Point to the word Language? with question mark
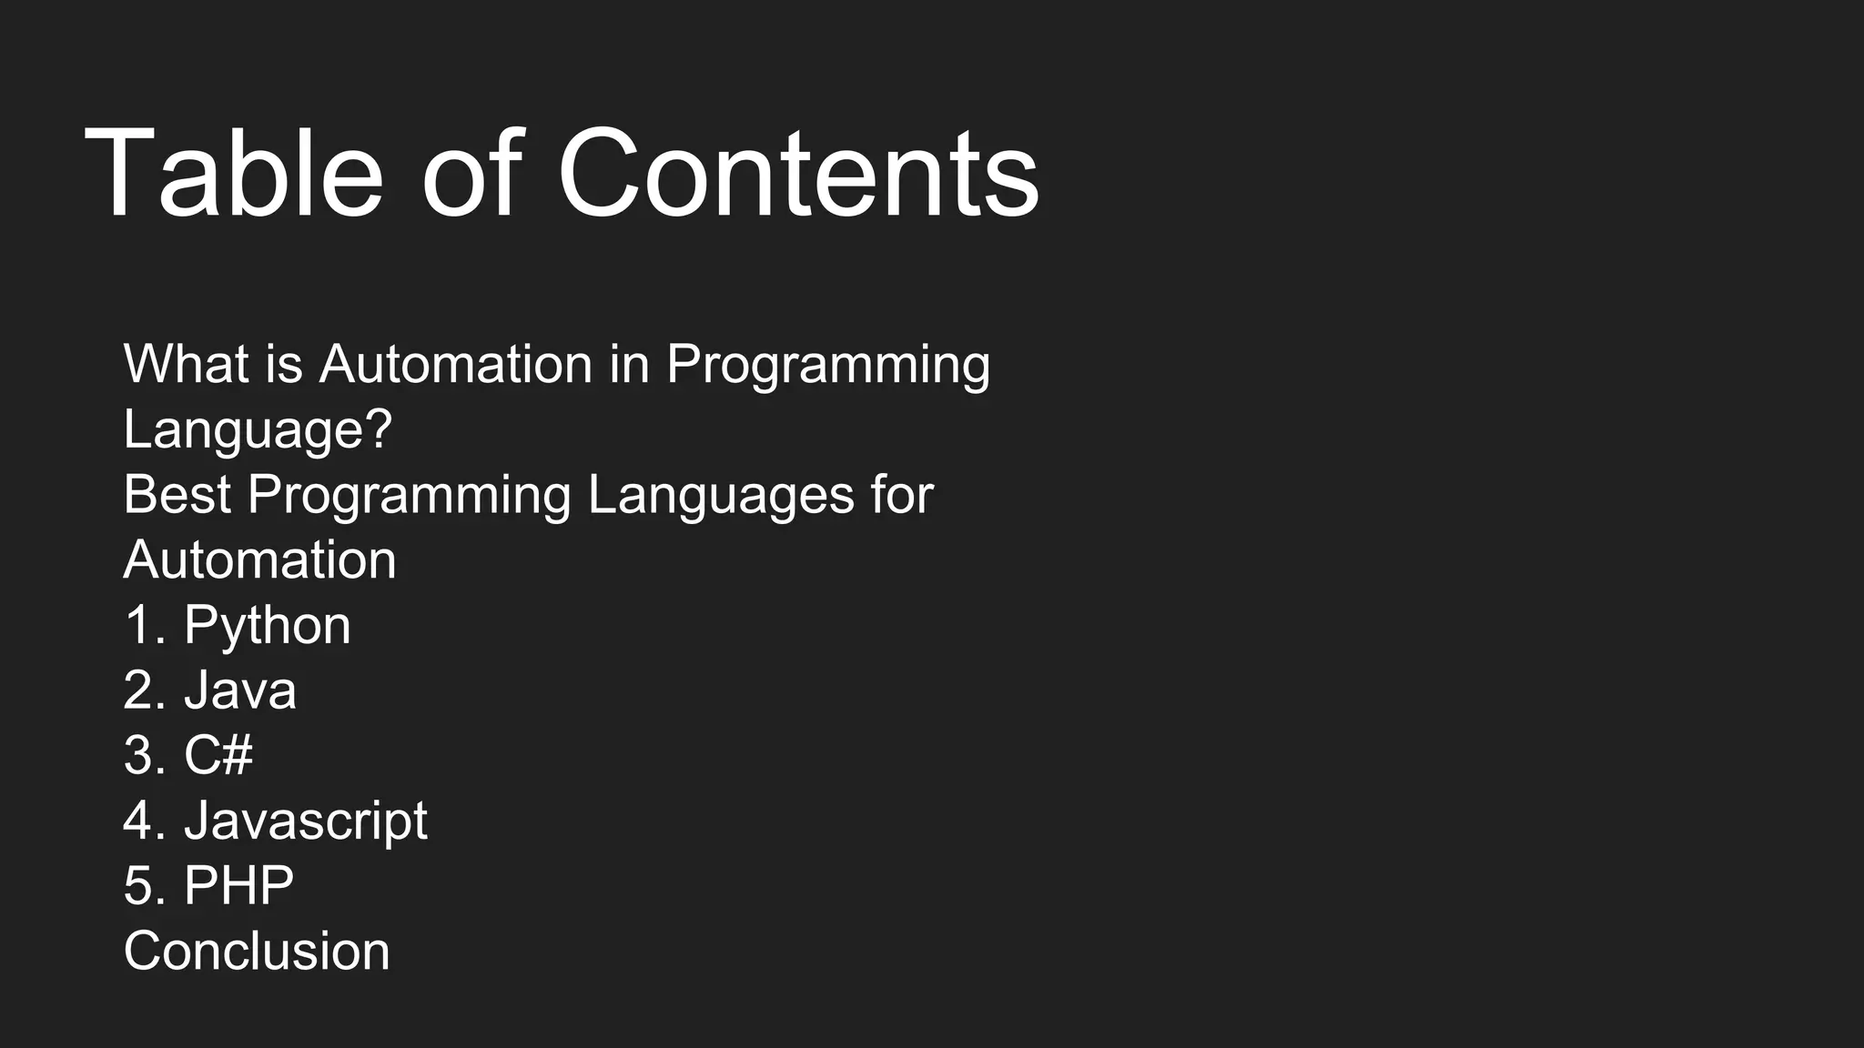258,429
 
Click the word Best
177,495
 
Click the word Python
267,627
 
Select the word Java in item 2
240,690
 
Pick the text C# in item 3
218,755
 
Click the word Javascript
306,821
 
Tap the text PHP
238,885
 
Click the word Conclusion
257,952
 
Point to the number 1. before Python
145,626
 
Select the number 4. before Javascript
145,821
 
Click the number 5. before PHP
145,885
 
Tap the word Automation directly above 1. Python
259,559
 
